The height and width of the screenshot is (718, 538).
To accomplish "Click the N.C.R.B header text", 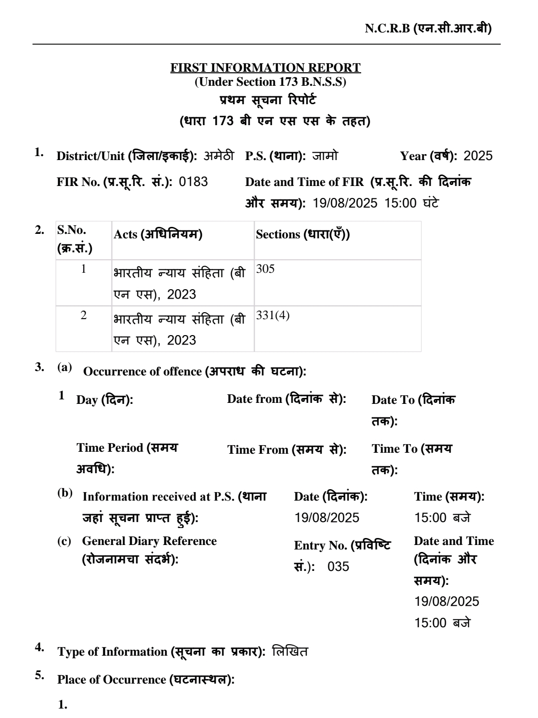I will pyautogui.click(x=428, y=28).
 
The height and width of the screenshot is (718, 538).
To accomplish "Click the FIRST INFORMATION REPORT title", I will pyautogui.click(x=266, y=67).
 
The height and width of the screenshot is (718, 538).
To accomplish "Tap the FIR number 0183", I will pyautogui.click(x=193, y=181).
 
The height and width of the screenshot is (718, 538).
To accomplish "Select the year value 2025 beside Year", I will pyautogui.click(x=478, y=156).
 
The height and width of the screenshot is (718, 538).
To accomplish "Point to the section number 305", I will pyautogui.click(x=265, y=269).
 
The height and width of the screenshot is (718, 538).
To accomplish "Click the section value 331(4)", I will pyautogui.click(x=272, y=316).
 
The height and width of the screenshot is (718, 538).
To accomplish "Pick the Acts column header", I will pyautogui.click(x=158, y=234).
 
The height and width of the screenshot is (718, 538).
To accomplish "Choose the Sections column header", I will pyautogui.click(x=303, y=234).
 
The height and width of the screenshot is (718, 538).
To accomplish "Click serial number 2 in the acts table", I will pyautogui.click(x=84, y=316).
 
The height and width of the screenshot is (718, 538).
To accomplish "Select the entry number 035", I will pyautogui.click(x=338, y=567).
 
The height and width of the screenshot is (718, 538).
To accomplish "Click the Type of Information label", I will pyautogui.click(x=162, y=652).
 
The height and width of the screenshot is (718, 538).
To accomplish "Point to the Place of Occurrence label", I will pyautogui.click(x=145, y=679).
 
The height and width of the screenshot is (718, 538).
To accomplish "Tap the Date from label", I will pyautogui.click(x=286, y=399).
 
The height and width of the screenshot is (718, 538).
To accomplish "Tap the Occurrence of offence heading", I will pyautogui.click(x=194, y=371).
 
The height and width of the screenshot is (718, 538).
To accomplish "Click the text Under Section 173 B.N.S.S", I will pyautogui.click(x=270, y=82).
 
